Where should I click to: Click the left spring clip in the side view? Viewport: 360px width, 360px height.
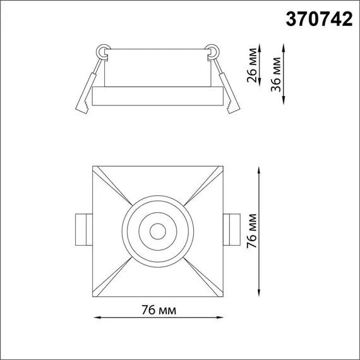tap(87, 86)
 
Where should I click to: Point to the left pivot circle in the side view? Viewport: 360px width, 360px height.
tap(103, 50)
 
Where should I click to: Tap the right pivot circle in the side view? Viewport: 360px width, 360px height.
tap(212, 50)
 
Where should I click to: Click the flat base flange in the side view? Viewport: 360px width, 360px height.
tap(157, 97)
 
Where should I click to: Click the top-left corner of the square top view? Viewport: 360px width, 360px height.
tap(93, 167)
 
